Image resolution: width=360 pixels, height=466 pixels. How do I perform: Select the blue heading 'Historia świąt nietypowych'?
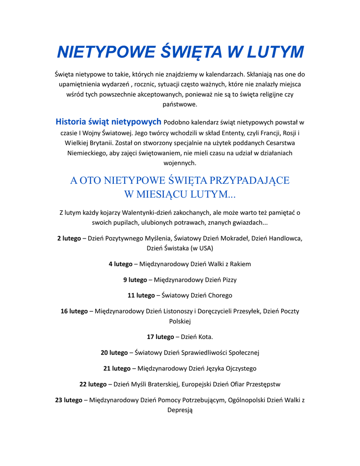click(108, 122)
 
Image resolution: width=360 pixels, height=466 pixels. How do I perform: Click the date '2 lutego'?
click(69, 238)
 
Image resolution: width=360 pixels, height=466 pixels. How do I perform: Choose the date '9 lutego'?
click(135, 280)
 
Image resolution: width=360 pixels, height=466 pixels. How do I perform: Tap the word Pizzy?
click(228, 280)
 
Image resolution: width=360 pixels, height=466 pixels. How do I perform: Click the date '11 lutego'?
click(141, 295)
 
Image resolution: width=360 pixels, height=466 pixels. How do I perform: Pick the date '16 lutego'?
click(74, 311)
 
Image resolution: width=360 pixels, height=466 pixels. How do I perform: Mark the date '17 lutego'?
click(160, 337)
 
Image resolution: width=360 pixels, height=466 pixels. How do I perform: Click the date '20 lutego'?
click(114, 353)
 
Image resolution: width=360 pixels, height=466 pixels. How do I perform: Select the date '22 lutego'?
click(93, 384)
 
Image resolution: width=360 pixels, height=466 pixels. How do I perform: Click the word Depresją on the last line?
click(180, 410)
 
